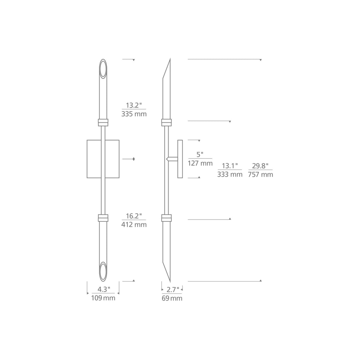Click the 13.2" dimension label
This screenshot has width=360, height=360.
pyautogui.click(x=134, y=105)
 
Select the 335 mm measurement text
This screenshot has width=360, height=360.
pyautogui.click(x=134, y=114)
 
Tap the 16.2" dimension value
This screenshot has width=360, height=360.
pyautogui.click(x=134, y=216)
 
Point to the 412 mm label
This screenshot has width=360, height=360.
pyautogui.click(x=134, y=225)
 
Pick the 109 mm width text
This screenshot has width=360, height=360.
pyautogui.click(x=103, y=298)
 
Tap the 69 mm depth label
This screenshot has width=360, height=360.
pyautogui.click(x=172, y=298)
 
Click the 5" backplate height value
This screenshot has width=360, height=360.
pyautogui.click(x=200, y=154)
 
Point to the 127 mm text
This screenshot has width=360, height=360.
pyautogui.click(x=200, y=163)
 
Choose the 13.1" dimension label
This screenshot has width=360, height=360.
pyautogui.click(x=230, y=166)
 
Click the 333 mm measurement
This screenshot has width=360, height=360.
pyautogui.click(x=230, y=175)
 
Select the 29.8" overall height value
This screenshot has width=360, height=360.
pyautogui.click(x=260, y=166)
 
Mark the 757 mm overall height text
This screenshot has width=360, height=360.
pyautogui.click(x=260, y=175)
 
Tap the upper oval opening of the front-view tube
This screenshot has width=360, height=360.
pyautogui.click(x=103, y=69)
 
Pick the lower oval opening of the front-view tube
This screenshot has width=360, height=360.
pyautogui.click(x=103, y=271)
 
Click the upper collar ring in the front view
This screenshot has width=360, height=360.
pyautogui.click(x=103, y=122)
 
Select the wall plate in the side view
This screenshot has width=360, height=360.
pyautogui.click(x=180, y=159)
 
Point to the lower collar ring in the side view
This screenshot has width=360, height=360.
pyautogui.click(x=166, y=217)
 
